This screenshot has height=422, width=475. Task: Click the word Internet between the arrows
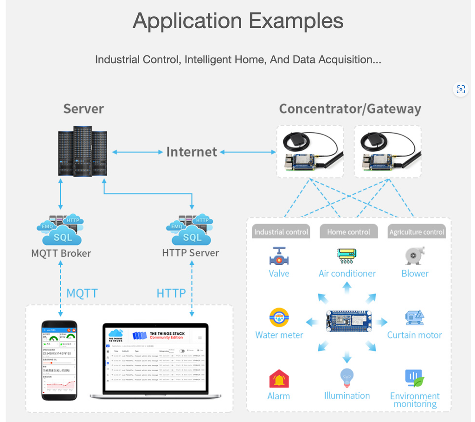coord(192,152)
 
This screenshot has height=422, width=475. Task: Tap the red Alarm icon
coord(279,379)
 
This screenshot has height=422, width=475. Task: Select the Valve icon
coord(279,256)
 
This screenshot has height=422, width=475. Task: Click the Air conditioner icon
coord(347,255)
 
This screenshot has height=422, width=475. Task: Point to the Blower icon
coord(414,256)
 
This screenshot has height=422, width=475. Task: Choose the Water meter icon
coord(279,318)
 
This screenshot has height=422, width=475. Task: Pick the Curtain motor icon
coord(414,318)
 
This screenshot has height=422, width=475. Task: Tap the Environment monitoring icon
coord(414,378)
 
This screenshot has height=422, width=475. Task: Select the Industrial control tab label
coord(281,232)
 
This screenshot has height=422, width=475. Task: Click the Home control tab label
coord(348,232)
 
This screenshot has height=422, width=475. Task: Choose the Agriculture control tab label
coord(417,232)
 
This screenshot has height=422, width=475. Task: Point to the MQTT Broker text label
coord(61,253)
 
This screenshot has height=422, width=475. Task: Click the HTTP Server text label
coord(191,253)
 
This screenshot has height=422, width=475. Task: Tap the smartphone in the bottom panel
coord(59,360)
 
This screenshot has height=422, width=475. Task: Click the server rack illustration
coord(83,151)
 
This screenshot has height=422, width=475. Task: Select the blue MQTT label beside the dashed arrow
coord(82,293)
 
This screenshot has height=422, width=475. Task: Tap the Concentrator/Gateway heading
coord(350,109)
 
